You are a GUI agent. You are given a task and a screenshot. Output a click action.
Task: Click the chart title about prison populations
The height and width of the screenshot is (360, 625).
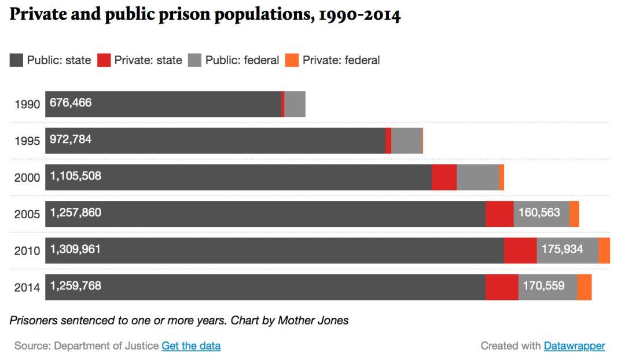pos(205,16)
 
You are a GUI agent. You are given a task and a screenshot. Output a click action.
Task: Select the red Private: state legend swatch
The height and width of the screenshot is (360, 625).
pos(104,60)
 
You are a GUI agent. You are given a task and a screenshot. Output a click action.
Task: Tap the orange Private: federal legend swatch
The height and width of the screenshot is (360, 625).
pos(292,60)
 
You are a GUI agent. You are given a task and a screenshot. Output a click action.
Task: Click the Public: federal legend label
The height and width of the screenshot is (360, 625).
pos(242,60)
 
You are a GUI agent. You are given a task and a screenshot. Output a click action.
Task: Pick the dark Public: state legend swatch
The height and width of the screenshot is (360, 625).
pos(17,60)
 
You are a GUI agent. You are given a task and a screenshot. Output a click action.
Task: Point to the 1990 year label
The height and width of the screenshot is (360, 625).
pos(27,105)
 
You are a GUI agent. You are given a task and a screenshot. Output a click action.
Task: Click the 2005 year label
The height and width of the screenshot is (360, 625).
pos(27,214)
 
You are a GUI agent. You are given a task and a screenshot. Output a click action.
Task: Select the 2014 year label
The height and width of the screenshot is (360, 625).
pos(27,288)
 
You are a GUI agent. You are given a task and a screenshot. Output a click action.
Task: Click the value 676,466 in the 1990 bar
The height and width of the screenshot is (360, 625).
pos(71,103)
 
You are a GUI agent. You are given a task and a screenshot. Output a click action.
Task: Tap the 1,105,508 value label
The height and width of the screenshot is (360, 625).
pos(76,176)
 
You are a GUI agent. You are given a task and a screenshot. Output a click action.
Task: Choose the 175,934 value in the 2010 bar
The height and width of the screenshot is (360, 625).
pos(562,249)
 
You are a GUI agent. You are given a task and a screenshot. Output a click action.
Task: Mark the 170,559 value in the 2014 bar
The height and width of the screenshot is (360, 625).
pos(543,285)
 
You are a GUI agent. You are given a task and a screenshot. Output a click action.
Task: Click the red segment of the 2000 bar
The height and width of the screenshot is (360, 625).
pos(444,177)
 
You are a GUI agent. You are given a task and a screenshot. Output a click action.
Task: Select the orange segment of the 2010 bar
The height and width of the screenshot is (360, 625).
pos(604,251)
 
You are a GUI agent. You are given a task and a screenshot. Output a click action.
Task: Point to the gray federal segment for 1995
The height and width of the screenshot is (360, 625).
pos(406,141)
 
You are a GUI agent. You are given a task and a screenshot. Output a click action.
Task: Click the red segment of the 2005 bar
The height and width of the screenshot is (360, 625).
pos(499,214)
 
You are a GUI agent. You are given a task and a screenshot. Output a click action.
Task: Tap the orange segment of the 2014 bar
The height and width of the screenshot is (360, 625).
pos(584,287)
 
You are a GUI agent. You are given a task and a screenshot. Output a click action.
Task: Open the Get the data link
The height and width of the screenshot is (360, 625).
pos(191,346)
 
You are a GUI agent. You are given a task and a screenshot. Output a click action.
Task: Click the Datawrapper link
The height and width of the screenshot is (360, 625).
pos(574,346)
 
